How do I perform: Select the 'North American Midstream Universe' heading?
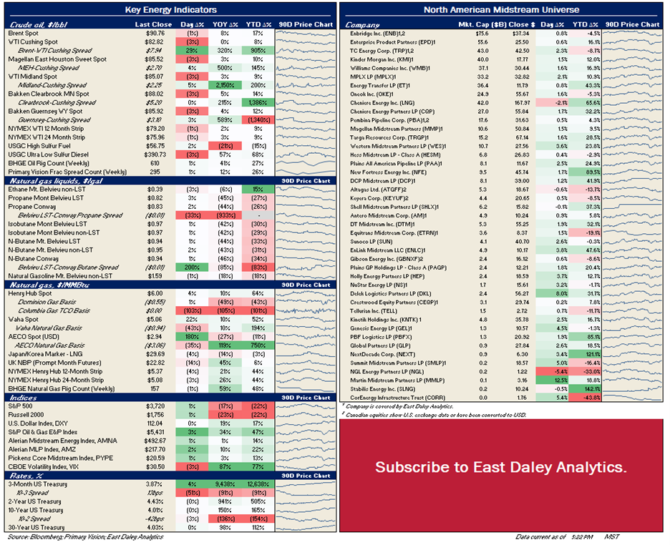click(501, 10)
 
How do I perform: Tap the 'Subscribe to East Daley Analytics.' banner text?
click(501, 467)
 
